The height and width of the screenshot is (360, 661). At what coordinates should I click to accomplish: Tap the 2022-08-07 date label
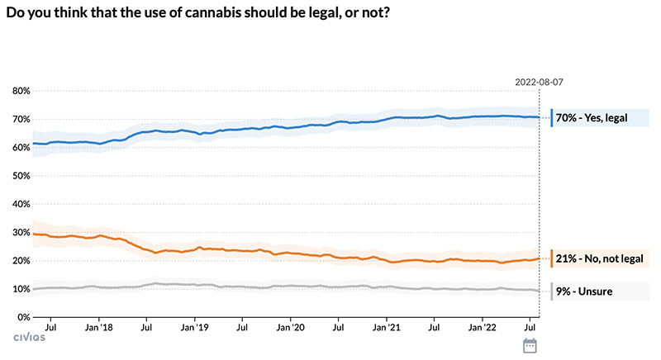pyautogui.click(x=538, y=82)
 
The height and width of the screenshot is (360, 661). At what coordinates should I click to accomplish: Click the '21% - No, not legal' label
pyautogui.click(x=597, y=258)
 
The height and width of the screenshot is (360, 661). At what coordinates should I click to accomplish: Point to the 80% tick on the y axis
pyautogui.click(x=20, y=91)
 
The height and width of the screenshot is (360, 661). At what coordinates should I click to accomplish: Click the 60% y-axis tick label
pyautogui.click(x=20, y=148)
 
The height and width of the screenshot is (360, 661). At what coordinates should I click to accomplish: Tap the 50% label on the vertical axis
pyautogui.click(x=20, y=176)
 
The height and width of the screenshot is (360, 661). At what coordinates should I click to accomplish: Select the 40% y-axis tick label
pyautogui.click(x=20, y=204)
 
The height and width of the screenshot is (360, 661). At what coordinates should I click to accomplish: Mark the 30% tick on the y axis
pyautogui.click(x=20, y=233)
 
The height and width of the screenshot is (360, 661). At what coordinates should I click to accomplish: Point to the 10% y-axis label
pyautogui.click(x=20, y=289)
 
